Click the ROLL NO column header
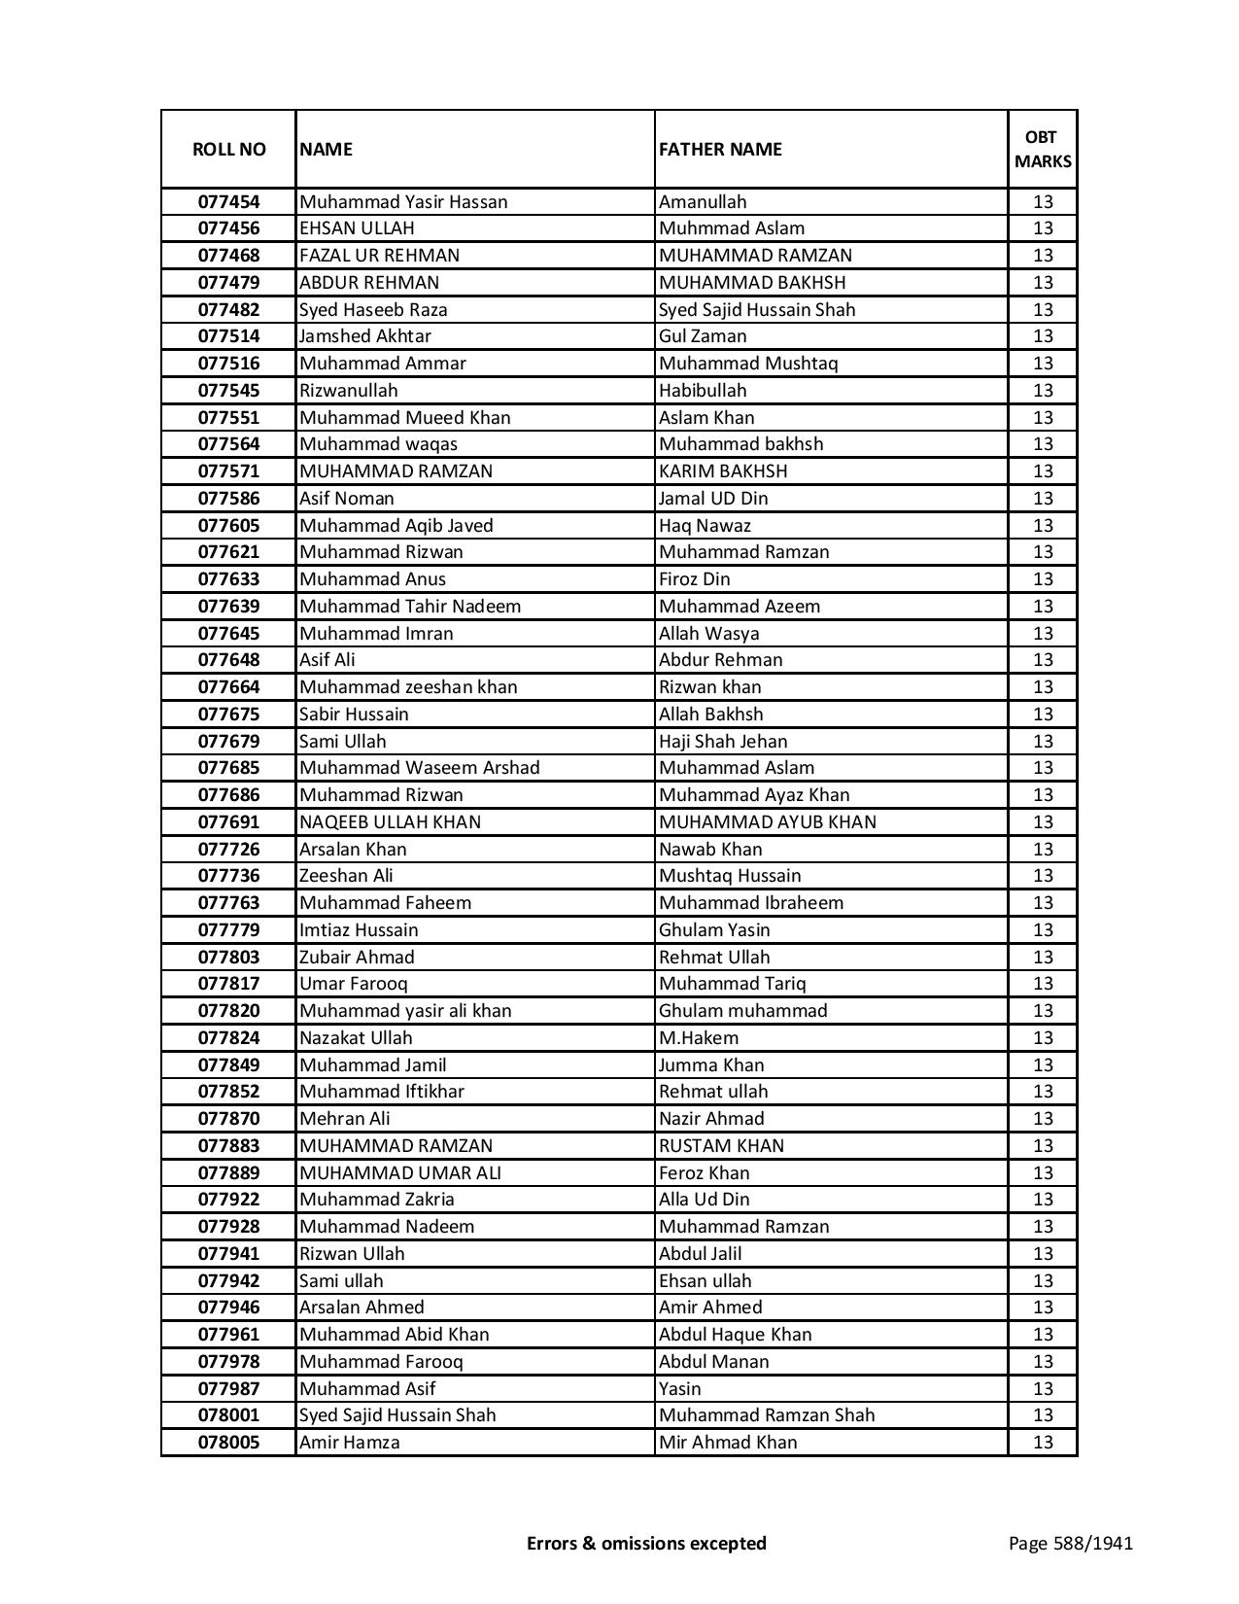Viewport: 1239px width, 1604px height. point(228,149)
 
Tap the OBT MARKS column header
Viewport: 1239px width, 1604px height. point(1043,149)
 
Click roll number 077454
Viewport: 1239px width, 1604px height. point(228,202)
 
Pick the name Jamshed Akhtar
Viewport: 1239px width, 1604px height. point(365,336)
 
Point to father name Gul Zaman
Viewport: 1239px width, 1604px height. point(703,336)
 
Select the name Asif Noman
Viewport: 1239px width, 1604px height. point(347,499)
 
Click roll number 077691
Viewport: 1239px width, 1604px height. point(228,822)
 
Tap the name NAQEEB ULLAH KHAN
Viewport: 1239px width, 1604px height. point(390,822)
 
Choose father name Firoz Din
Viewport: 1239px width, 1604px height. point(695,579)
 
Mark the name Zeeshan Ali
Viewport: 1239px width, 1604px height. point(346,876)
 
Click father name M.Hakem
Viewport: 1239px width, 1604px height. point(699,1038)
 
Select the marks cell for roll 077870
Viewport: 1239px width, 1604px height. point(1043,1119)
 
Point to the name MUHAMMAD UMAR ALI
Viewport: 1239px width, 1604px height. point(400,1173)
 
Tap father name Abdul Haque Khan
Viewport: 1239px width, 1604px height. point(735,1335)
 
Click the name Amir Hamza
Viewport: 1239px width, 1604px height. point(350,1443)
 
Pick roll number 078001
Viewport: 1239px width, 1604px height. point(228,1415)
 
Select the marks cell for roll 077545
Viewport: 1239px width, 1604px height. point(1043,391)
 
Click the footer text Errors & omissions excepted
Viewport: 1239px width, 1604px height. point(646,1543)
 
